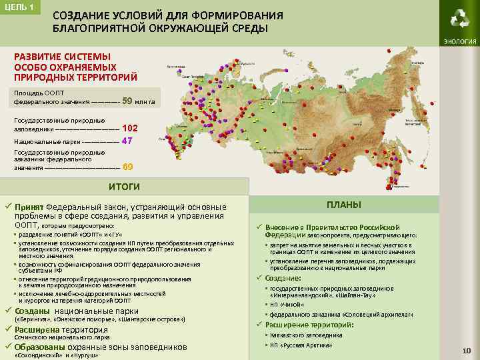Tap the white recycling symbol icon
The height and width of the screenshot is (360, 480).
tap(459, 19)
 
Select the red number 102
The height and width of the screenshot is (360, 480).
tap(130, 127)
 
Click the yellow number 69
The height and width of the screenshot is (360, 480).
tap(128, 167)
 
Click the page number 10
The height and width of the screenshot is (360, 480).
tap(467, 351)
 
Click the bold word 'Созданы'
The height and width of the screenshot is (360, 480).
tap(32, 311)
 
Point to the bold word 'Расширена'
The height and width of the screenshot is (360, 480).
tap(37, 329)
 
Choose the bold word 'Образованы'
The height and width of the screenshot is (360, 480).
tap(40, 347)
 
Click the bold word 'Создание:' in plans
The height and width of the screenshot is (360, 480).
tap(283, 278)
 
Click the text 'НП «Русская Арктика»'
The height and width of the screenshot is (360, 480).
tap(301, 345)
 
